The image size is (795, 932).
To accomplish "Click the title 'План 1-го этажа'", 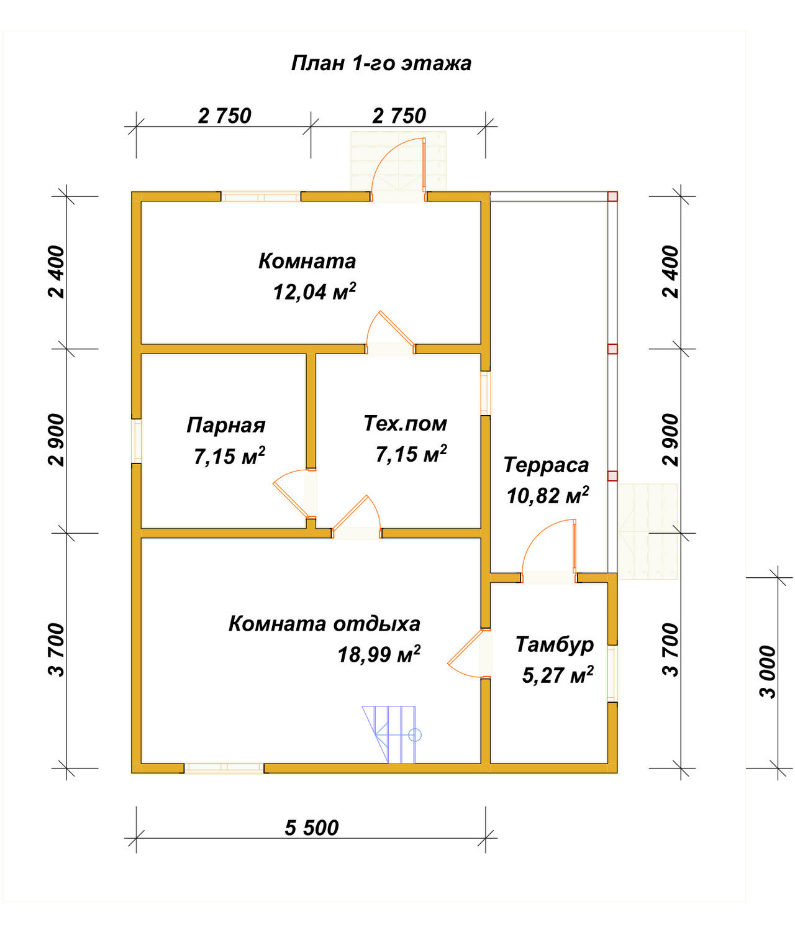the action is (x=381, y=63).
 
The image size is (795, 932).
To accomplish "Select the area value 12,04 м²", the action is (x=314, y=292).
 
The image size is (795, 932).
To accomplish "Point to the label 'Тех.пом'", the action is (x=405, y=424).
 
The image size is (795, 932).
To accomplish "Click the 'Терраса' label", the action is (x=546, y=465).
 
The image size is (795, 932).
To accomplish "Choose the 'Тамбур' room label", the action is (x=555, y=644).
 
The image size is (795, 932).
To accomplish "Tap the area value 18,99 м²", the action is (x=379, y=655).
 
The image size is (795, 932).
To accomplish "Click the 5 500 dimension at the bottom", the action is (x=311, y=828).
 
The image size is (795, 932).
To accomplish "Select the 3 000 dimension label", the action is (x=768, y=672).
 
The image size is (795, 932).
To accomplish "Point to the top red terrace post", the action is (x=612, y=196).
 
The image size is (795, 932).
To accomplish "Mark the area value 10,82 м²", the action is (x=548, y=496).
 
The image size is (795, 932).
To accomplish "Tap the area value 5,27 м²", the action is (x=558, y=675).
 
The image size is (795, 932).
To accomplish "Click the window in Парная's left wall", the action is (x=136, y=441).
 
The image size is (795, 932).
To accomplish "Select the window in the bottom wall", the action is (x=224, y=768).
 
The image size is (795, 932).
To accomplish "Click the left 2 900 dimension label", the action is (x=57, y=440).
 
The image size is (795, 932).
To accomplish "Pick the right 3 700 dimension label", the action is (x=670, y=650).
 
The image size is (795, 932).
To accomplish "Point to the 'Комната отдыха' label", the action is (x=324, y=624).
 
